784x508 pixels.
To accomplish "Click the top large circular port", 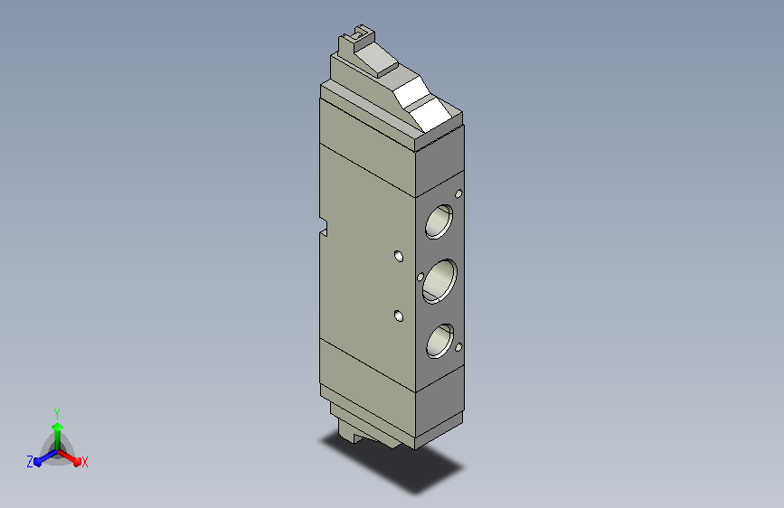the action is pyautogui.click(x=439, y=221).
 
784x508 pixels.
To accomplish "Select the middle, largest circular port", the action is pyautogui.click(x=439, y=281).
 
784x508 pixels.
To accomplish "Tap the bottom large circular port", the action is pyautogui.click(x=440, y=341).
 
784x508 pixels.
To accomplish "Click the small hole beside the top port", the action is pyautogui.click(x=458, y=193).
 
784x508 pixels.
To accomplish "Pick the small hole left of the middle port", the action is pyautogui.click(x=420, y=277).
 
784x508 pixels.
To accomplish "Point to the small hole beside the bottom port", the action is pyautogui.click(x=458, y=347).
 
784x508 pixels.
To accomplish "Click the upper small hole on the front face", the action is pyautogui.click(x=399, y=256).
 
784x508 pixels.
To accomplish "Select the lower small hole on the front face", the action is pyautogui.click(x=399, y=315).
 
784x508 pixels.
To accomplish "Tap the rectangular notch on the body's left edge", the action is pyautogui.click(x=324, y=227).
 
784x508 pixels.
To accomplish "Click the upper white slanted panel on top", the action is pyautogui.click(x=412, y=92).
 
